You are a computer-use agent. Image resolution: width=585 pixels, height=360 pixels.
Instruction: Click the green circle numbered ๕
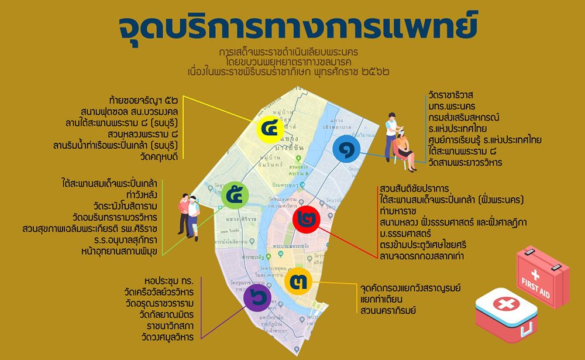(x=235, y=195)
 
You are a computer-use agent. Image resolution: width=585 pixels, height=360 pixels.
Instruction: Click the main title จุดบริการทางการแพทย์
(x=298, y=27)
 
